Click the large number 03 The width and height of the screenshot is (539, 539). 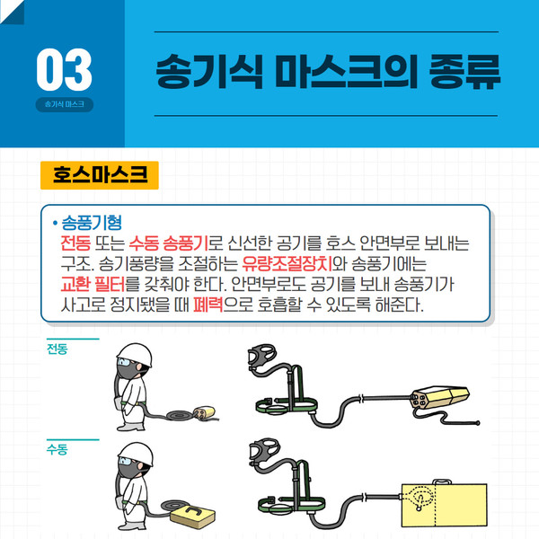64,70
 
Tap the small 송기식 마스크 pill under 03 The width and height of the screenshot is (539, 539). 65,104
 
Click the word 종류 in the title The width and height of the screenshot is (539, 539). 464,72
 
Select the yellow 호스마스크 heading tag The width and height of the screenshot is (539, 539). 100,175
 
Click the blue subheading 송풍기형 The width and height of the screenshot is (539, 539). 92,223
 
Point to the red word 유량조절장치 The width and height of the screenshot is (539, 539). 287,264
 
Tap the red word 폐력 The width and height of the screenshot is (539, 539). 208,305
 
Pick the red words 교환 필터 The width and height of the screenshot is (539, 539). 93,284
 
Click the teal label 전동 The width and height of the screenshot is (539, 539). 57,349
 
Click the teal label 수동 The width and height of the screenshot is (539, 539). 57,449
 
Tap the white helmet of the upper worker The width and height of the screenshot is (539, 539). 136,354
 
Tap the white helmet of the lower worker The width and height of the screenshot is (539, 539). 137,454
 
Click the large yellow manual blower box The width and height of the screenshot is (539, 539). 445,505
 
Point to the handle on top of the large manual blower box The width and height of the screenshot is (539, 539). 442,482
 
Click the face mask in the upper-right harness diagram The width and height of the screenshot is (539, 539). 261,356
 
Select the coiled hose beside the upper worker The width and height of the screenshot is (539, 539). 180,416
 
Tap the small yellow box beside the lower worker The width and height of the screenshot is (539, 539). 193,516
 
